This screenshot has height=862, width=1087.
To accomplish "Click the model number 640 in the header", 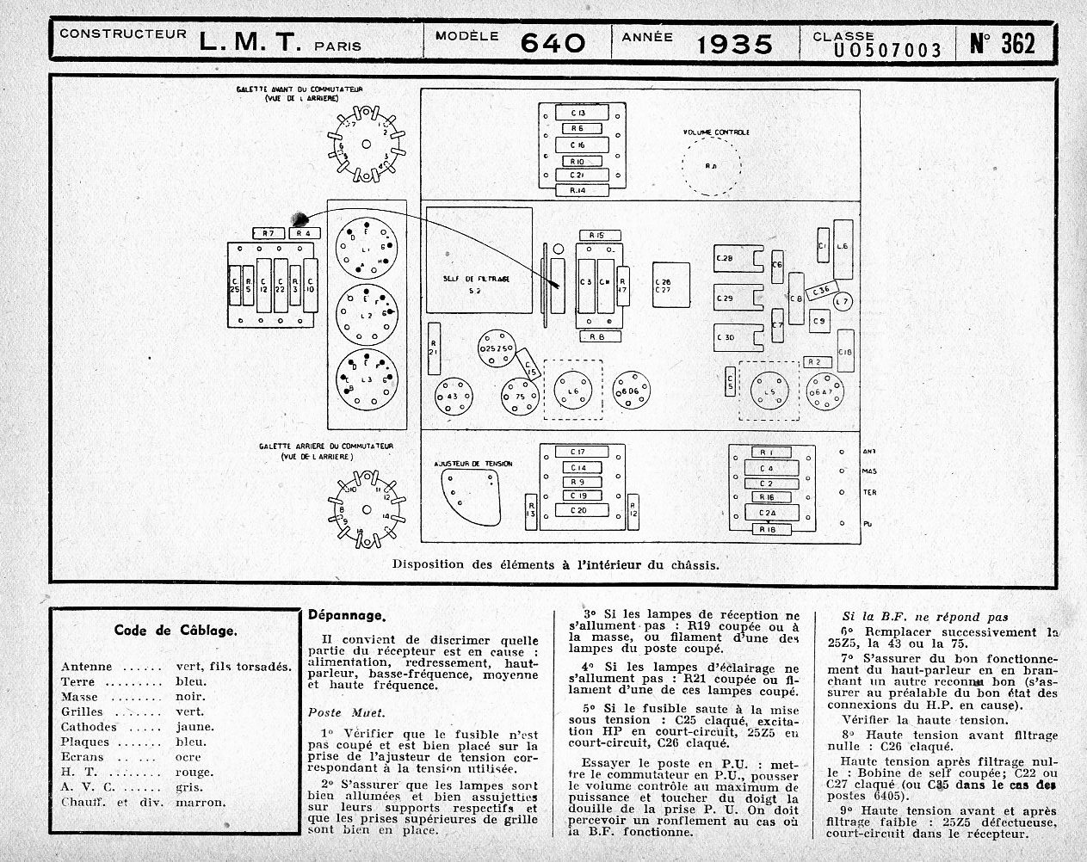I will [552, 43].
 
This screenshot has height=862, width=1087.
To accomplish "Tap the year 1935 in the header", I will [734, 43].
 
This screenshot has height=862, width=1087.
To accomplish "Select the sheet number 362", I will [1003, 43].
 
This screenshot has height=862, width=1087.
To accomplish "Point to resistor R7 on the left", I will [269, 233].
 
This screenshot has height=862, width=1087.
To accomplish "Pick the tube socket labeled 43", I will [453, 397].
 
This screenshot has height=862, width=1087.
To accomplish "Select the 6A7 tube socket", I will [825, 393].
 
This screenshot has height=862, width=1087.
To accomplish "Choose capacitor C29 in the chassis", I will [725, 299].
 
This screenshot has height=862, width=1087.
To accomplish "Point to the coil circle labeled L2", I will [368, 317].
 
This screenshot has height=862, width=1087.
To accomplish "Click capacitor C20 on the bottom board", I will [578, 510].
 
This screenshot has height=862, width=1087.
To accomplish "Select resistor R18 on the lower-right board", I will [769, 529].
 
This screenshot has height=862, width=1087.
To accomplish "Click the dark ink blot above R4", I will [300, 218].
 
